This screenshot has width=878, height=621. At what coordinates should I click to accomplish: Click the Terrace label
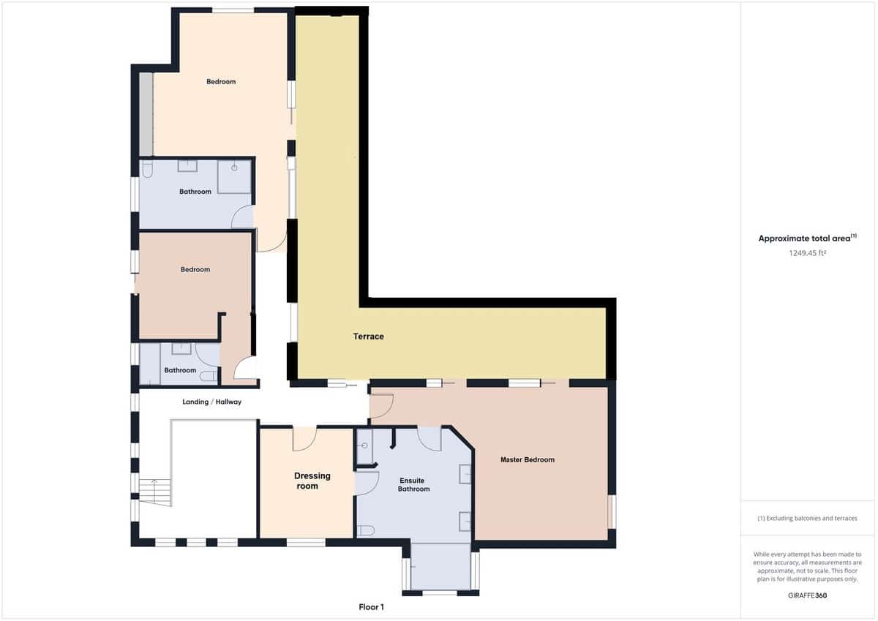[368, 336]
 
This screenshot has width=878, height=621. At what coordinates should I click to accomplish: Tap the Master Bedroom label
[527, 460]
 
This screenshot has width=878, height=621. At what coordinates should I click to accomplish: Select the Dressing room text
[312, 481]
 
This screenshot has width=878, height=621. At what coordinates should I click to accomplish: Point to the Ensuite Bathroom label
[413, 485]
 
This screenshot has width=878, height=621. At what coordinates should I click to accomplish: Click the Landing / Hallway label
[211, 402]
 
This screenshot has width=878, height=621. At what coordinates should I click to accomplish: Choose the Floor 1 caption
[371, 607]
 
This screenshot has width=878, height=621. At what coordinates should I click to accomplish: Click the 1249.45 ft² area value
[807, 253]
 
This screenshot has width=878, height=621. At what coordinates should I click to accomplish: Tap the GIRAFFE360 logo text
[807, 595]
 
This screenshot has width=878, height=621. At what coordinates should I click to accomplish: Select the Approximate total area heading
[807, 238]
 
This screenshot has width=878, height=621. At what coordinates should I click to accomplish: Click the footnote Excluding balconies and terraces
[807, 518]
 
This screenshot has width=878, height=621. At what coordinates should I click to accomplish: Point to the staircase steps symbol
[155, 492]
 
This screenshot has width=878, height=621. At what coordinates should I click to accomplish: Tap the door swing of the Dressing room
[304, 439]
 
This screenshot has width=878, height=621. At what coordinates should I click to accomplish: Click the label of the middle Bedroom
[195, 269]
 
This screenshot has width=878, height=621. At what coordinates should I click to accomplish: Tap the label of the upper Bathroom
[195, 192]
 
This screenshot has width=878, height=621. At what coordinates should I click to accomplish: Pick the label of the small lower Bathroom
[180, 370]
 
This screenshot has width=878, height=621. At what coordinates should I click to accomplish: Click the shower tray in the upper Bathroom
[234, 177]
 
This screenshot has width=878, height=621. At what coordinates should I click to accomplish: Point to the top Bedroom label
[221, 82]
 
